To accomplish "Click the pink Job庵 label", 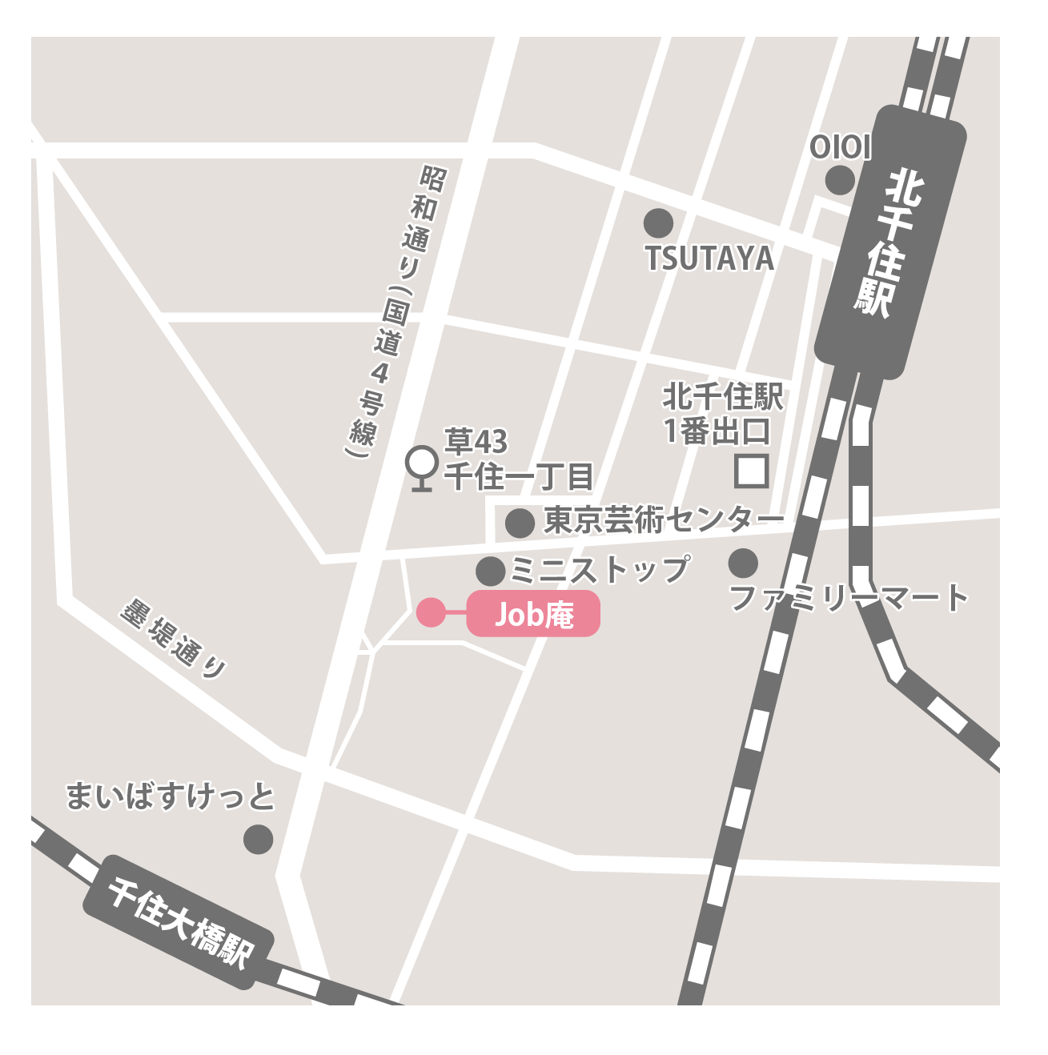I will coord(533,614).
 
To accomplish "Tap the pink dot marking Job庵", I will coord(431,612).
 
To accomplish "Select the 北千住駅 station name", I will coord(890,244).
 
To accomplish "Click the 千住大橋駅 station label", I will coord(179,921).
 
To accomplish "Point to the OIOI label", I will coord(839,147).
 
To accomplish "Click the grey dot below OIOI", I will coord(839,180).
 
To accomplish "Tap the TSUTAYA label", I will coord(709,259).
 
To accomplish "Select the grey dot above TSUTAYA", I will coord(658,223).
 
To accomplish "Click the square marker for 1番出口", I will coord(752,471).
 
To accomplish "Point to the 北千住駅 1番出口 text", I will coord(722,414).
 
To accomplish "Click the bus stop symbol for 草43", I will coord(421,467).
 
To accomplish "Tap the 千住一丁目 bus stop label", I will coord(519,477).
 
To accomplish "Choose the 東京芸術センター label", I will coord(663,520).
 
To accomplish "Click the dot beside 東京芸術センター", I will coord(520,523).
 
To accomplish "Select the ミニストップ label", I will coord(600,569).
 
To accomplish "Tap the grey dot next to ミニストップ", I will coord(491,572).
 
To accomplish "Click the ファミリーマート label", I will coord(849,598).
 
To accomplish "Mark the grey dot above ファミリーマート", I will coord(743,563).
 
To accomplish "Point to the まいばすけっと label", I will coord(170,796).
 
